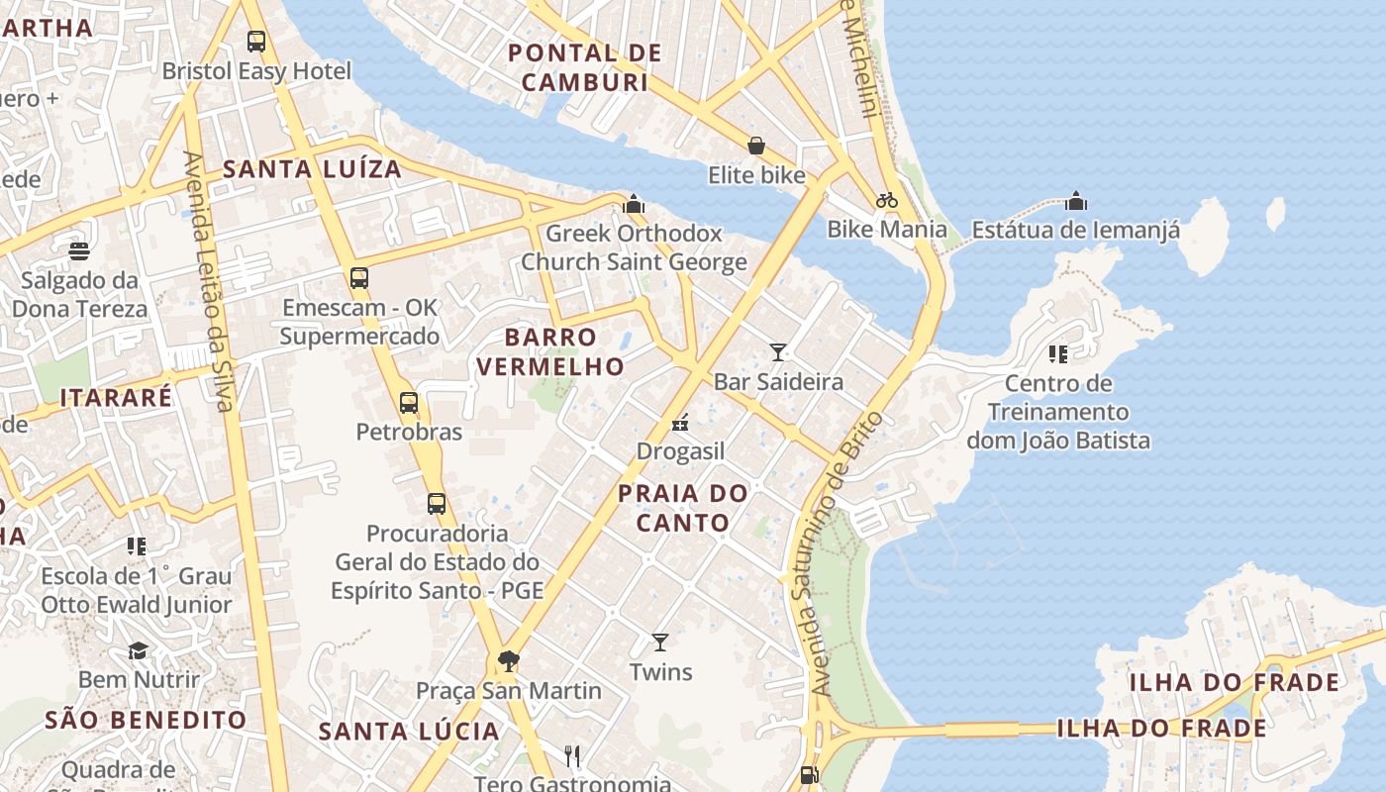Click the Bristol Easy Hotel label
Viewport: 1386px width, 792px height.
(x=256, y=71)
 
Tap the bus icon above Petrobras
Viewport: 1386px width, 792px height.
(x=409, y=403)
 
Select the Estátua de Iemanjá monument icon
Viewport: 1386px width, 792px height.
(x=1076, y=202)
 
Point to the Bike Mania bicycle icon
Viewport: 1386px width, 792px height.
(x=887, y=200)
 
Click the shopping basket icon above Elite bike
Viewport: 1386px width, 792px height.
(x=756, y=147)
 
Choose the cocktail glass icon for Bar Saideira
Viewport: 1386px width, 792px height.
(x=778, y=351)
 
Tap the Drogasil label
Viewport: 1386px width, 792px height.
(x=680, y=451)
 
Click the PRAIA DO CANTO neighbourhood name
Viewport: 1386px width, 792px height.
(x=683, y=507)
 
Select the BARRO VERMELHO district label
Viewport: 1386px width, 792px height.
(x=549, y=351)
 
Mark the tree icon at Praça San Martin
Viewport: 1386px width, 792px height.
(x=509, y=660)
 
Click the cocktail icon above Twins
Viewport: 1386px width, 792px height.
(x=660, y=643)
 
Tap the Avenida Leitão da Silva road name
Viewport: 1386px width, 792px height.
(x=209, y=282)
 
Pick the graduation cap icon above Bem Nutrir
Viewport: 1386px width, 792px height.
(x=139, y=650)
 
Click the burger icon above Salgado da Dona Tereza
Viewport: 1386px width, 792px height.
(x=79, y=251)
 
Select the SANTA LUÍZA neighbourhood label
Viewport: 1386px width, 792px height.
(x=312, y=169)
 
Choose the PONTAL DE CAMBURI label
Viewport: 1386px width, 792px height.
(x=584, y=67)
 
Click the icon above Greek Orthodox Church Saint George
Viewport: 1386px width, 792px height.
(x=634, y=205)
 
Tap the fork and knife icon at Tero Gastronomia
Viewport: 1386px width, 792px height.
(x=571, y=756)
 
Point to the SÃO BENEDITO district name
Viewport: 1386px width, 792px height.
(x=146, y=720)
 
